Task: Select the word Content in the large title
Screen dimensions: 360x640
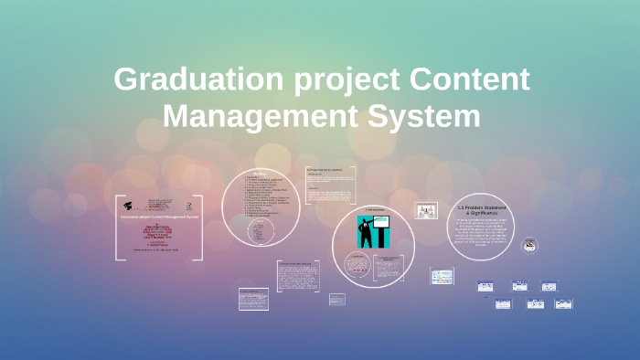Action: tap(466, 79)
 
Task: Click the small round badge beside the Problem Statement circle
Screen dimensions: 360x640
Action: tap(529, 245)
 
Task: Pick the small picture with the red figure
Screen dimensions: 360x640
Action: tap(426, 211)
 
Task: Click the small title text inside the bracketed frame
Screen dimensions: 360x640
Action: tap(161, 217)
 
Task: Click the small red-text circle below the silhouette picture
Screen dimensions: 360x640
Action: tap(357, 264)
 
